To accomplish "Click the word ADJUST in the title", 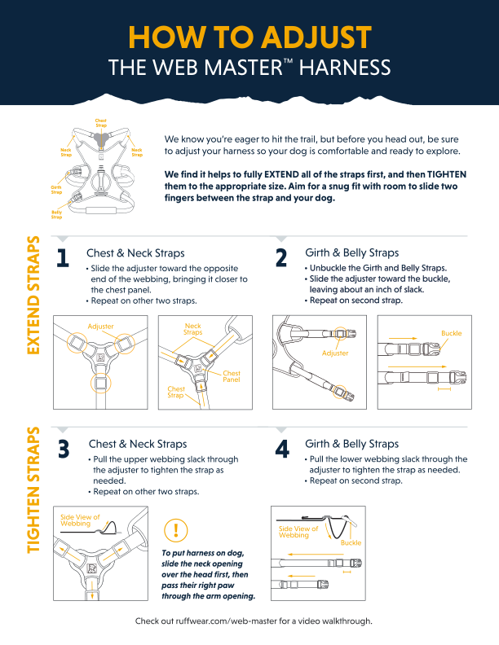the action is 316,37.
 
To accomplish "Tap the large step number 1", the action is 63,258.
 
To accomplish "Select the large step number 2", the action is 281,258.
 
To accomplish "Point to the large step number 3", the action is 64,450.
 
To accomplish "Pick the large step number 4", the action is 282,449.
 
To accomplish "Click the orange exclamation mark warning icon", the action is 176,530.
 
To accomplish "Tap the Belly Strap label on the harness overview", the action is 56,215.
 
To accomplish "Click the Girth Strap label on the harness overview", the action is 56,190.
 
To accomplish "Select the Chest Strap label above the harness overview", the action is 101,123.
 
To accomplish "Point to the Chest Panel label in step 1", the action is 232,376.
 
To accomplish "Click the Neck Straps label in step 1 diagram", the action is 192,329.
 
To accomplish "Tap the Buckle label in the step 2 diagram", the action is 451,333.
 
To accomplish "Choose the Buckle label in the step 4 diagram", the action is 351,542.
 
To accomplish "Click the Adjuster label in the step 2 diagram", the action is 335,353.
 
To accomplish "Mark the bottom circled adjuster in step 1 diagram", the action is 101,384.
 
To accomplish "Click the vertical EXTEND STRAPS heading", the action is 33,295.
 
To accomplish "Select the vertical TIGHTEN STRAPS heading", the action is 33,490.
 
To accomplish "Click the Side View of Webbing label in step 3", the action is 80,520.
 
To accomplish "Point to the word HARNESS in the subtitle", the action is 345,68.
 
